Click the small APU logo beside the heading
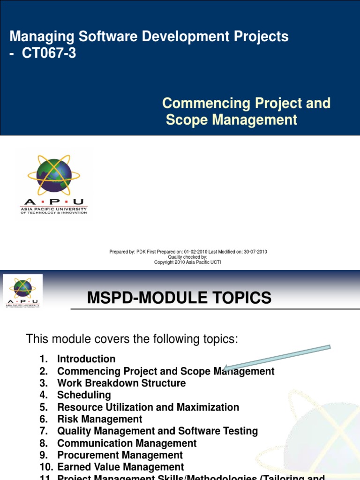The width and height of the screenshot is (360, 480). tap(22, 291)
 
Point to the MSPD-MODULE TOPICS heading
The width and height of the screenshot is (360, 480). tap(179, 298)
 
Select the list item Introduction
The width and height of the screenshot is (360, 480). tap(86, 359)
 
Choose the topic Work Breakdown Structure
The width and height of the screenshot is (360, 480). tap(121, 383)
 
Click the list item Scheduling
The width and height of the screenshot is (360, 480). tap(84, 395)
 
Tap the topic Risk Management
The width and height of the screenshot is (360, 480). tap(99, 419)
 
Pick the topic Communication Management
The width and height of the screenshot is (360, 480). tap(127, 443)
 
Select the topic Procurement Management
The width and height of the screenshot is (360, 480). tap(120, 455)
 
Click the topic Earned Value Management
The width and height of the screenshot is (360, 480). tap(120, 467)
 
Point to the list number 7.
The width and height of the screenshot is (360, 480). tap(44, 431)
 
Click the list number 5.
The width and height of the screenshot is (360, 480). tap(44, 407)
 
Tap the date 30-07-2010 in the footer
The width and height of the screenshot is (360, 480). tap(255, 252)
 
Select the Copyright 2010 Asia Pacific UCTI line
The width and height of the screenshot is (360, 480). tap(187, 262)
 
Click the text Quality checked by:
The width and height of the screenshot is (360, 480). tap(187, 257)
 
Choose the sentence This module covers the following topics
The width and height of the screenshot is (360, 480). tap(132, 338)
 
